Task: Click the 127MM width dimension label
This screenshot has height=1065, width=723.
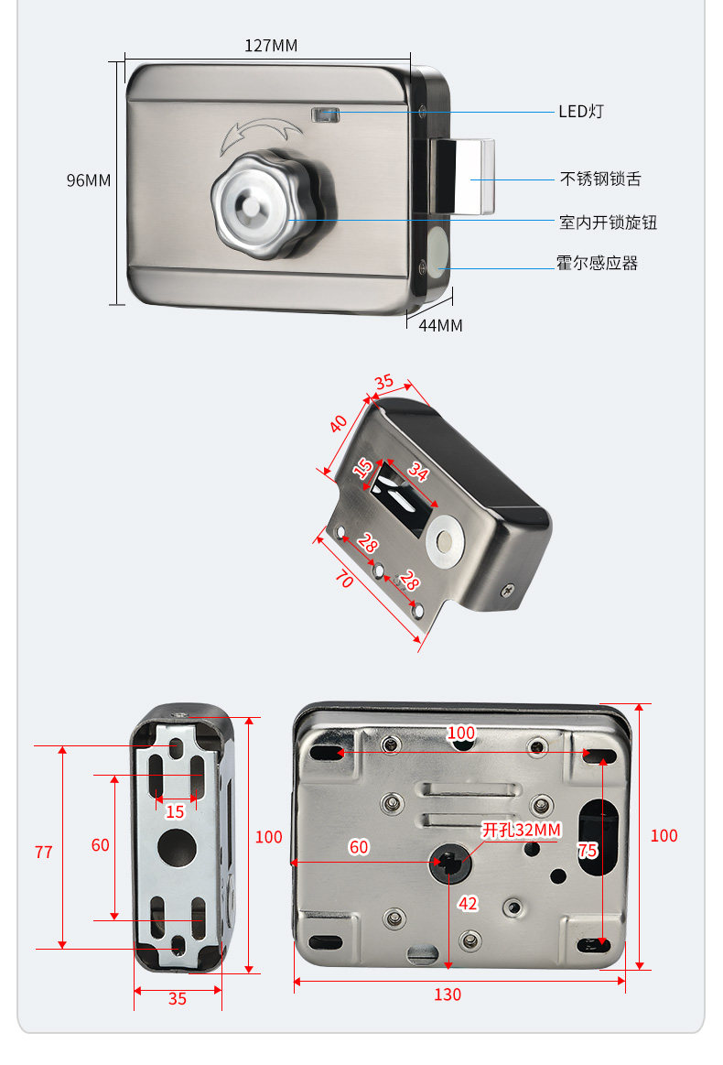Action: (x=271, y=46)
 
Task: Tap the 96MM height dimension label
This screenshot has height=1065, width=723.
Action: (x=88, y=180)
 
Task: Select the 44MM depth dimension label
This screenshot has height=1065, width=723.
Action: (x=440, y=325)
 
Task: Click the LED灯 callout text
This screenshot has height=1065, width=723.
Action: (x=581, y=112)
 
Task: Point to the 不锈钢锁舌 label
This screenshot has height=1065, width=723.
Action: (x=600, y=179)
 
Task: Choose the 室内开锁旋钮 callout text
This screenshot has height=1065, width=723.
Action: (x=608, y=223)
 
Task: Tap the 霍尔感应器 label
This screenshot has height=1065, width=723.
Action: (x=597, y=264)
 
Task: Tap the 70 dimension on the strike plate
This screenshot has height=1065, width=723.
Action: (x=344, y=578)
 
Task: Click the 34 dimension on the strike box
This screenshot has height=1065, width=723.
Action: (x=417, y=473)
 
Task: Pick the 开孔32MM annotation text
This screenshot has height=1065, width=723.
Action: (x=522, y=830)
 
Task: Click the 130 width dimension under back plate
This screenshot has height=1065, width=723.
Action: (x=447, y=994)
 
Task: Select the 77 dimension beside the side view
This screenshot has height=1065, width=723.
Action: (x=44, y=852)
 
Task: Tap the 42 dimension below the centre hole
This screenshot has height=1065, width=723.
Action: (x=468, y=904)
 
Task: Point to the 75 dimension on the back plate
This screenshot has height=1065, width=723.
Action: (x=588, y=851)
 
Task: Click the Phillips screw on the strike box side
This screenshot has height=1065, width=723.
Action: (x=508, y=591)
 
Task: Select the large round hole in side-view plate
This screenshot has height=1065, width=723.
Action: (x=176, y=846)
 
